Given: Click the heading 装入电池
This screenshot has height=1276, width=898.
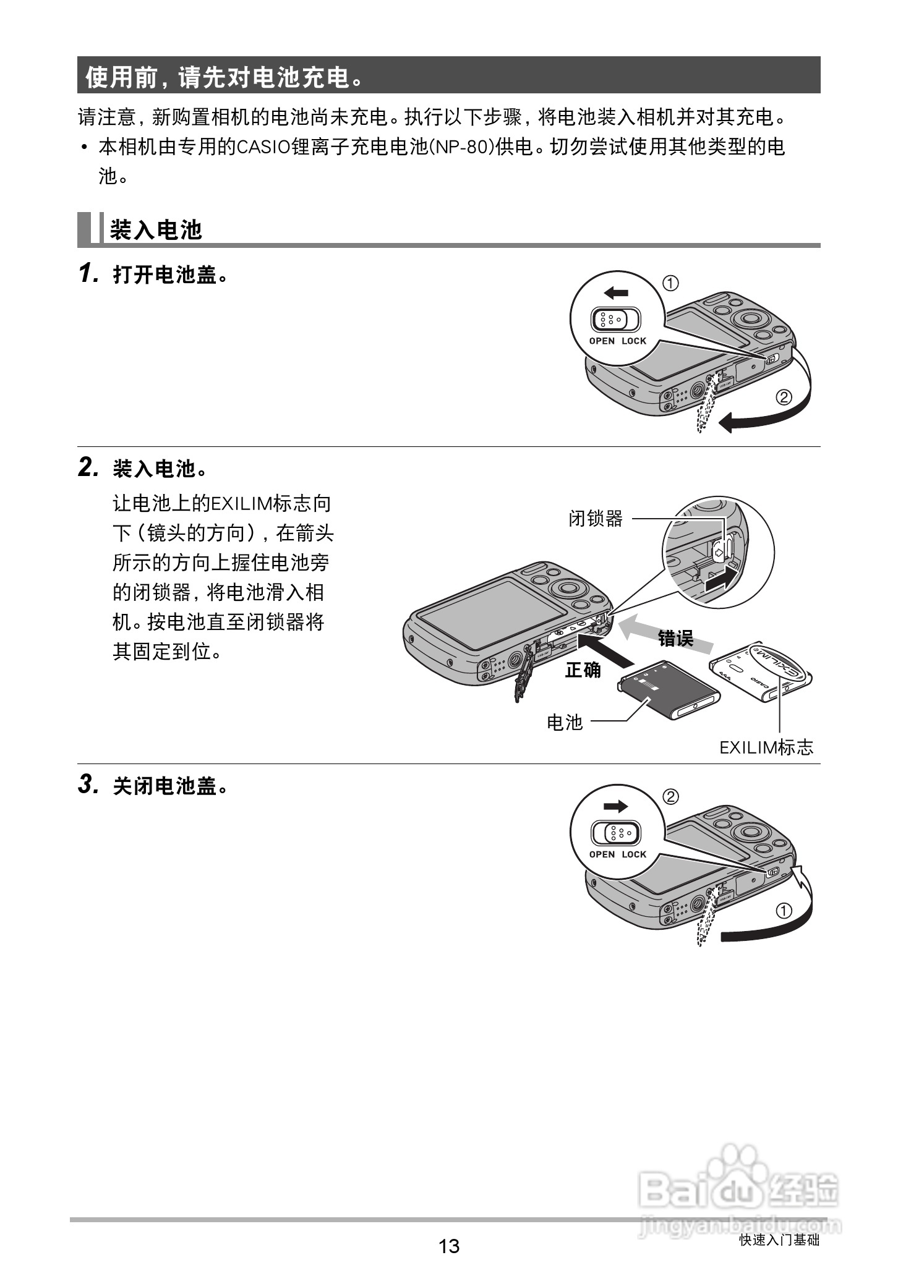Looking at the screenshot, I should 156,230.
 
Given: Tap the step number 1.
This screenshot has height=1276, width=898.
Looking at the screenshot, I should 88,274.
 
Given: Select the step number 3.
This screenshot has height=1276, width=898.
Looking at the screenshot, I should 88,785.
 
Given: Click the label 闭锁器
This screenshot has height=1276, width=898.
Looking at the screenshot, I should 596,519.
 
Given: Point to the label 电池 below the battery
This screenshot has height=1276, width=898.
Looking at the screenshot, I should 565,721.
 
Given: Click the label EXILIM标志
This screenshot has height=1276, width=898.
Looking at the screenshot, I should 766,747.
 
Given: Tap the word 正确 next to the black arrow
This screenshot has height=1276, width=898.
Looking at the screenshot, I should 583,670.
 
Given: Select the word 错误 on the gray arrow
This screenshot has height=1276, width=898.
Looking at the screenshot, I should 675,638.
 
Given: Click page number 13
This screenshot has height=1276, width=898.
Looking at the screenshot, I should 449,1245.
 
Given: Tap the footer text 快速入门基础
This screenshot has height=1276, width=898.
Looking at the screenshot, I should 779,1240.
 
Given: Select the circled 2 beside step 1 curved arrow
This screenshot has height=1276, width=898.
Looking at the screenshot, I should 784,397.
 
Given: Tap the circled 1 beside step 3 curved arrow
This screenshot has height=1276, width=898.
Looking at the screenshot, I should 784,911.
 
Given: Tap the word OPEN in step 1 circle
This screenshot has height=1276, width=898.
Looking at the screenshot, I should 602,341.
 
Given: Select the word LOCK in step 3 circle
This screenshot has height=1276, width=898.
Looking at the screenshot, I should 634,854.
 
